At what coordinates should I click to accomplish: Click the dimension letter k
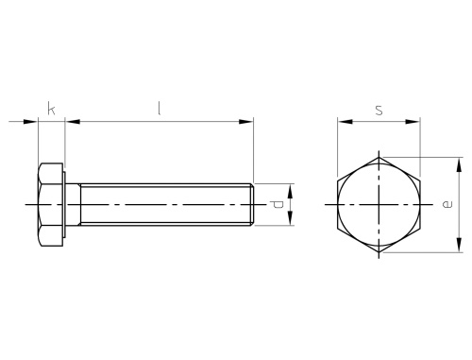click(51, 109)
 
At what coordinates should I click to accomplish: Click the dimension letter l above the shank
click(160, 108)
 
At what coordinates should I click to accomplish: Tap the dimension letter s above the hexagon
click(379, 111)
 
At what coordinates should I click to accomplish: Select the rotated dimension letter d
click(278, 204)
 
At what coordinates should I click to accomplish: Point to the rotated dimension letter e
click(447, 204)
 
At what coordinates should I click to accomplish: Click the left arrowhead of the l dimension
click(73, 122)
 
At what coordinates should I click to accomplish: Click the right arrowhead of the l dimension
click(245, 122)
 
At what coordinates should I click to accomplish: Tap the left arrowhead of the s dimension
click(346, 122)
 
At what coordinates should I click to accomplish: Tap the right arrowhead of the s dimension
click(413, 122)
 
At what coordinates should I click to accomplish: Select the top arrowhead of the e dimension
click(460, 164)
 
